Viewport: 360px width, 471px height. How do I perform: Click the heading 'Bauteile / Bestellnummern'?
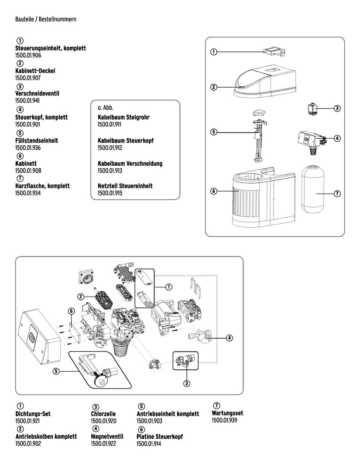coord(46,20)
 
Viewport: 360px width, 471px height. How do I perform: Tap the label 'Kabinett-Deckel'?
coord(35,71)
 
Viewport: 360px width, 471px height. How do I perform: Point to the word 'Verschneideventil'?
coord(37,94)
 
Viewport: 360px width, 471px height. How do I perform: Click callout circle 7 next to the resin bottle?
coord(337,193)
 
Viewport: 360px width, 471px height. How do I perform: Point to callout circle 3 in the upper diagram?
coord(337,108)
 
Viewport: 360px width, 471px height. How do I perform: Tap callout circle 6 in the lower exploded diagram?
coord(72,311)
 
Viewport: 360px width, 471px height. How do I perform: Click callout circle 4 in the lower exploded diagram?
coord(229,338)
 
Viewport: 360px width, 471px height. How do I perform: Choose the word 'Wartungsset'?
coord(227,413)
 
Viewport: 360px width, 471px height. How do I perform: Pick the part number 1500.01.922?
coord(103,444)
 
